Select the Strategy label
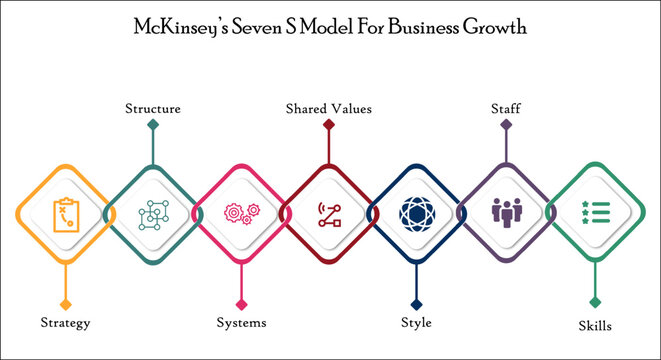coord(66,323)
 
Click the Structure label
coord(152,108)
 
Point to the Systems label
coord(242,323)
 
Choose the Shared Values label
coord(329,108)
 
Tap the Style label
coord(415,323)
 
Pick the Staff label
coord(505,108)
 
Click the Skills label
coord(594,325)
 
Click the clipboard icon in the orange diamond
coord(64,213)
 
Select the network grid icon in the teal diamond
coord(152,213)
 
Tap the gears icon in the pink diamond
coord(241,213)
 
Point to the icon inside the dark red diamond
coord(329,213)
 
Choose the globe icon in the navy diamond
coord(416,213)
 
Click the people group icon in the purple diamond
coord(505,213)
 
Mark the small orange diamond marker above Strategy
coord(66,302)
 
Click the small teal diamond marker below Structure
coord(152,126)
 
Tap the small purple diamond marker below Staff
coord(506,126)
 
